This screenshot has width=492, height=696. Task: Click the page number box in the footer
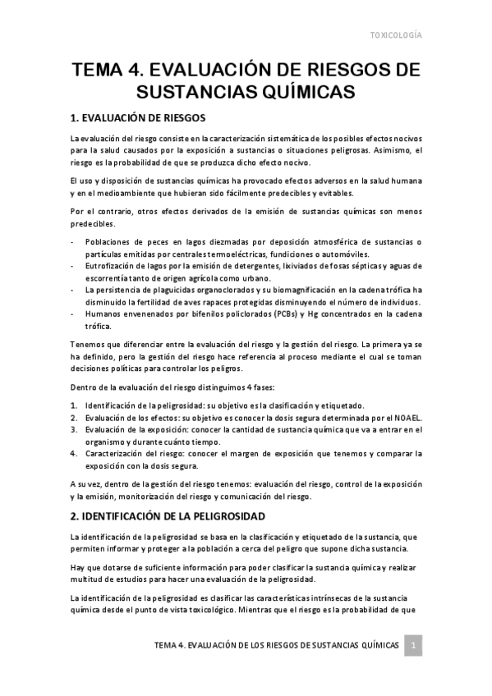click(x=415, y=647)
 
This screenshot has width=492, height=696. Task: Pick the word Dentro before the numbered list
click(x=85, y=385)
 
